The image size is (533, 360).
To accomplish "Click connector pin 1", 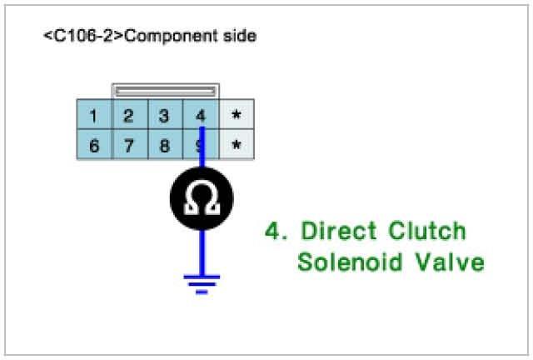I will tap(94, 115).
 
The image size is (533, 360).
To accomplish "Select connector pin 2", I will tap(129, 115).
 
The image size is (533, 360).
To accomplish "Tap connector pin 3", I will tap(165, 115).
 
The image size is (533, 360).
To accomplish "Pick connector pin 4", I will tap(201, 115).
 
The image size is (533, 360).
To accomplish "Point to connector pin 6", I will tap(94, 146).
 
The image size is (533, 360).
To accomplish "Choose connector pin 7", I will tap(129, 146).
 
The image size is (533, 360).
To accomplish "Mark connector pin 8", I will tap(165, 146).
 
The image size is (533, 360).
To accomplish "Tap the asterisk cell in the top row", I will tap(237, 115).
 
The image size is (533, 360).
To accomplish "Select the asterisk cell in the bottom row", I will tap(237, 146).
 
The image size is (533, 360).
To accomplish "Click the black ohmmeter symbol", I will tap(201, 197).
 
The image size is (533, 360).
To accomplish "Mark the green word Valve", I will tap(451, 262).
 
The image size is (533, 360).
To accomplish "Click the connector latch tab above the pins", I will tap(166, 89).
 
